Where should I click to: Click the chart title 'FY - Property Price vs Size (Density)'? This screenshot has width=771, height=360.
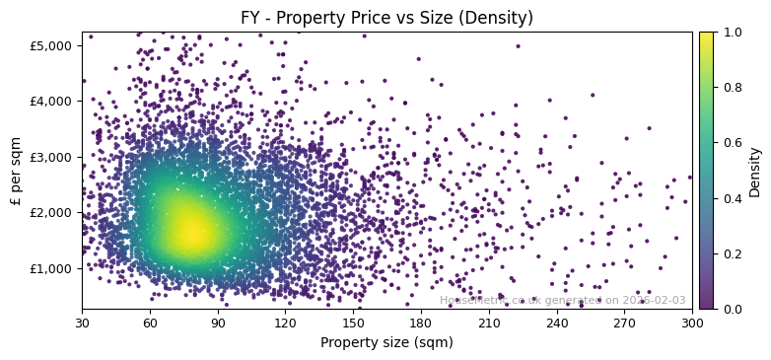click(x=386, y=18)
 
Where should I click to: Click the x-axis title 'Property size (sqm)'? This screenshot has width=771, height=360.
click(x=386, y=342)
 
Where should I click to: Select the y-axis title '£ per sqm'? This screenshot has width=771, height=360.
click(x=16, y=171)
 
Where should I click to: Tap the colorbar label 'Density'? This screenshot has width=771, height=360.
click(x=755, y=171)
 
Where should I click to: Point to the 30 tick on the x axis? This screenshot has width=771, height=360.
click(x=82, y=323)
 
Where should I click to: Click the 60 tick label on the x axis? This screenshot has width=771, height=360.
click(x=150, y=323)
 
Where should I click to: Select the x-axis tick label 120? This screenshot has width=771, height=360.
click(x=285, y=323)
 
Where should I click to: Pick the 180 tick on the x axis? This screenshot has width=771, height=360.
click(x=421, y=323)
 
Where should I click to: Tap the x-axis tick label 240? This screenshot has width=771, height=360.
click(x=557, y=323)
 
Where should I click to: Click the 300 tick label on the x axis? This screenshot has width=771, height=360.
click(x=692, y=323)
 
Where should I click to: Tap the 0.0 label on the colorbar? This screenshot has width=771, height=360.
click(x=730, y=309)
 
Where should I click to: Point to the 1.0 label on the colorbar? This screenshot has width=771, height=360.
click(x=730, y=32)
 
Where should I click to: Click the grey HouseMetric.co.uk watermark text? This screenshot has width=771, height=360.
click(x=562, y=300)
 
